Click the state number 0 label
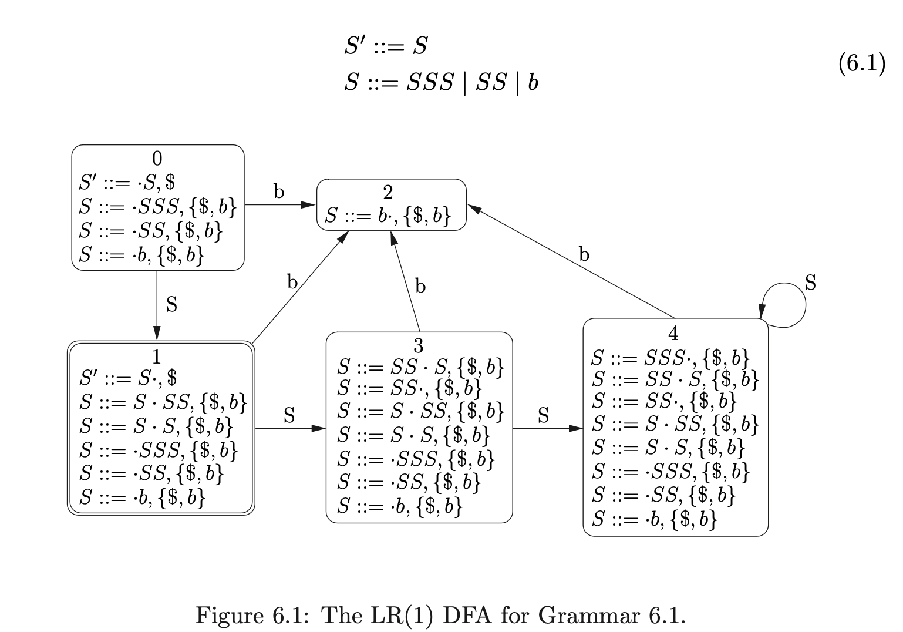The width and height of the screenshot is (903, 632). (x=157, y=159)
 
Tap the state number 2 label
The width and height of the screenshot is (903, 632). (x=388, y=193)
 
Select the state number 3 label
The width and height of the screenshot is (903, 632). (x=419, y=344)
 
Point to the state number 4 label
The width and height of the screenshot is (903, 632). (x=673, y=334)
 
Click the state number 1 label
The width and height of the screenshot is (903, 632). (x=156, y=356)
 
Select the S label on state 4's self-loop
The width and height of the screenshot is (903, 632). (x=810, y=283)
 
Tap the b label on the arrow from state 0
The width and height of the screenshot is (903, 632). (x=279, y=191)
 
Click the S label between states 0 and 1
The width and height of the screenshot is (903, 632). (x=171, y=305)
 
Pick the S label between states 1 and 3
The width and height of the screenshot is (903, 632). (x=289, y=415)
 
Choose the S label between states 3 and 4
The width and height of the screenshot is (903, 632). (x=543, y=415)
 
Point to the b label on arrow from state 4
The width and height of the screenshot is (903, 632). (x=584, y=254)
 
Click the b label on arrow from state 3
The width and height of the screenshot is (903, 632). (x=420, y=287)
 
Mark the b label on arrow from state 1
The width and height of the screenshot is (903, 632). (x=292, y=282)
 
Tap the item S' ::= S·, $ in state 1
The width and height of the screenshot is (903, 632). (x=128, y=378)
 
